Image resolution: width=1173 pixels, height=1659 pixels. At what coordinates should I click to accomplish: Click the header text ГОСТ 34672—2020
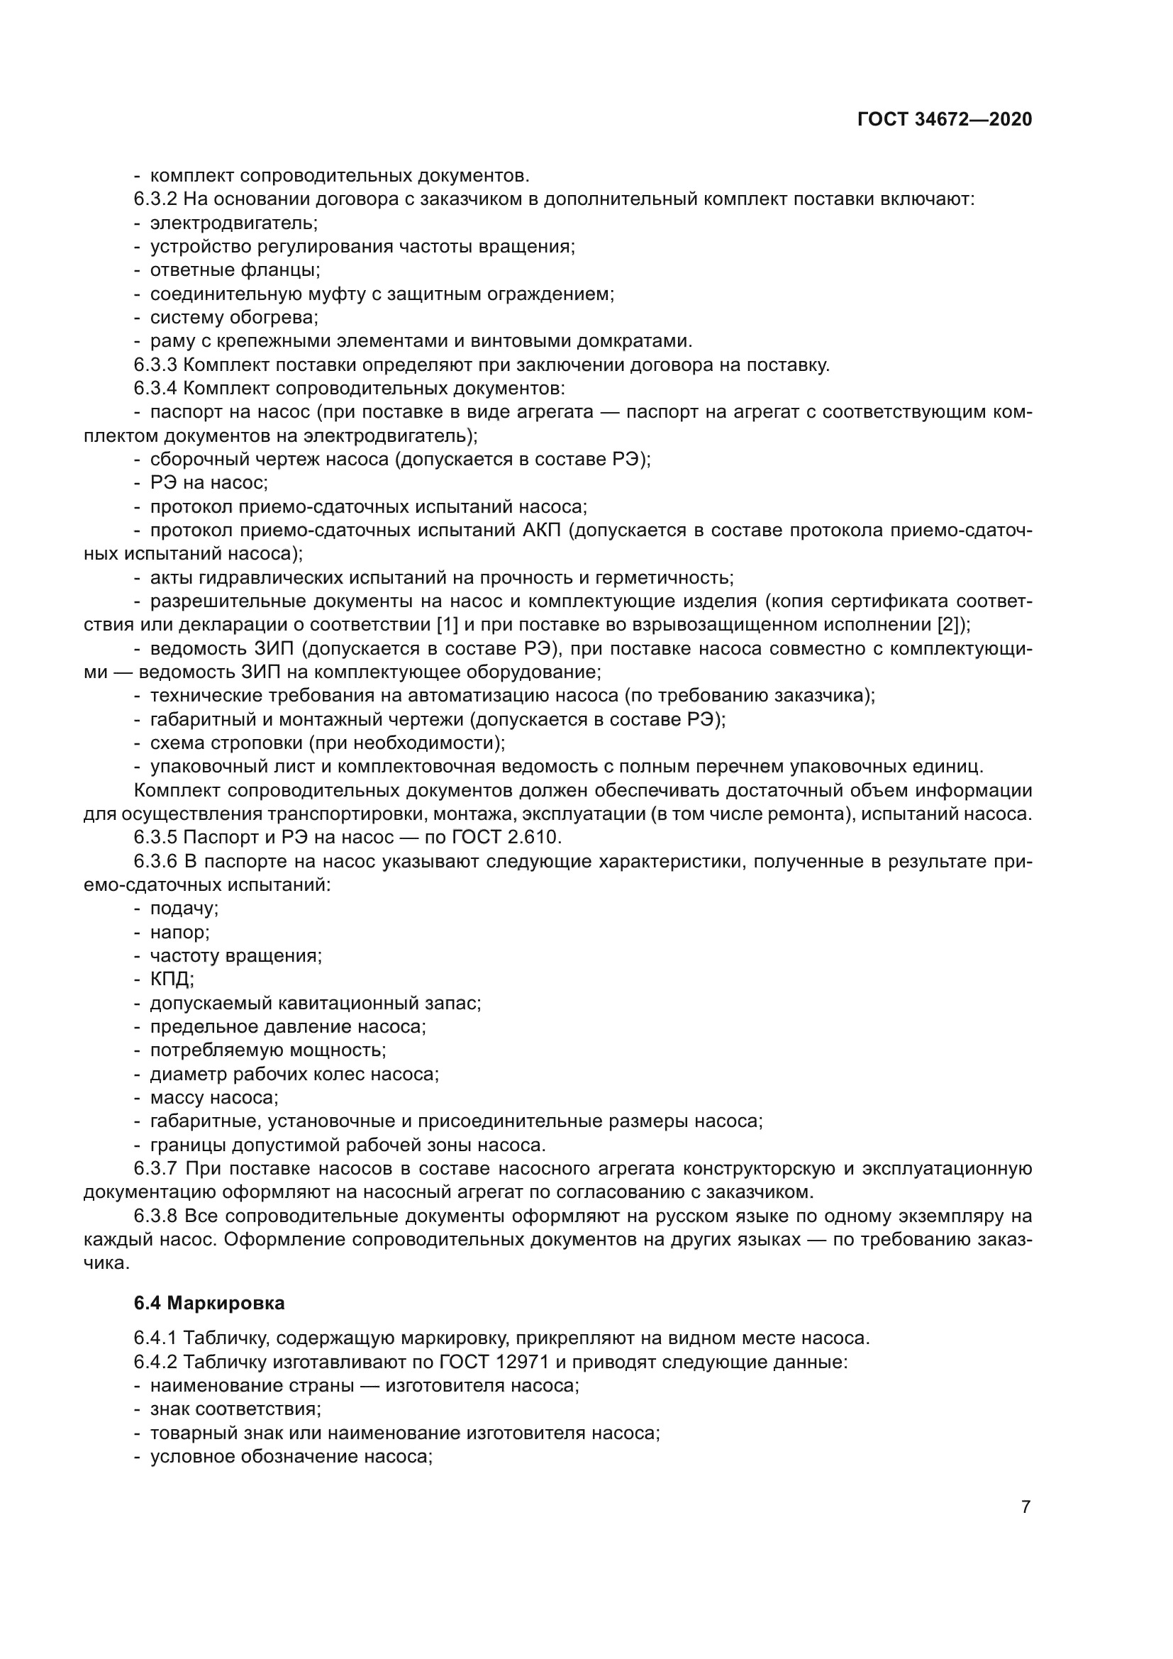pos(944,119)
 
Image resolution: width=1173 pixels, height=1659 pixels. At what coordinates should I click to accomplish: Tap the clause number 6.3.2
pos(155,199)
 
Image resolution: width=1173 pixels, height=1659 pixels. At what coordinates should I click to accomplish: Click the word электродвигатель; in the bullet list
pos(233,223)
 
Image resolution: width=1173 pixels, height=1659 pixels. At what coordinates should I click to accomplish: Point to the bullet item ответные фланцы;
pos(235,270)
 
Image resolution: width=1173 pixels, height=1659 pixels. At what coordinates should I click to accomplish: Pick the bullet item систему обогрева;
pos(233,317)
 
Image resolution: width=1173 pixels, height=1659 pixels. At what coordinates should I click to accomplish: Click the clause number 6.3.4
pos(155,389)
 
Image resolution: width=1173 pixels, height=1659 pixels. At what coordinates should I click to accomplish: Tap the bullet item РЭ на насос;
pos(209,483)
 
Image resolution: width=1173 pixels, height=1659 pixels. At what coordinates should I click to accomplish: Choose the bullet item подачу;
pos(184,909)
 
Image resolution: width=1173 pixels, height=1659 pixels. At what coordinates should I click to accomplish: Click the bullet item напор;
pos(179,933)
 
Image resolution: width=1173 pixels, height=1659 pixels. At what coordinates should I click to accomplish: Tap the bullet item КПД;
pos(172,980)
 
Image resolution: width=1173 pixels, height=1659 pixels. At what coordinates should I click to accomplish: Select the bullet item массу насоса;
pos(213,1098)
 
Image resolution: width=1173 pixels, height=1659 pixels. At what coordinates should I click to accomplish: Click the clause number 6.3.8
pos(155,1216)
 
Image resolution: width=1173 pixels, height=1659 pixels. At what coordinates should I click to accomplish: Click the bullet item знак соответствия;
pos(235,1410)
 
